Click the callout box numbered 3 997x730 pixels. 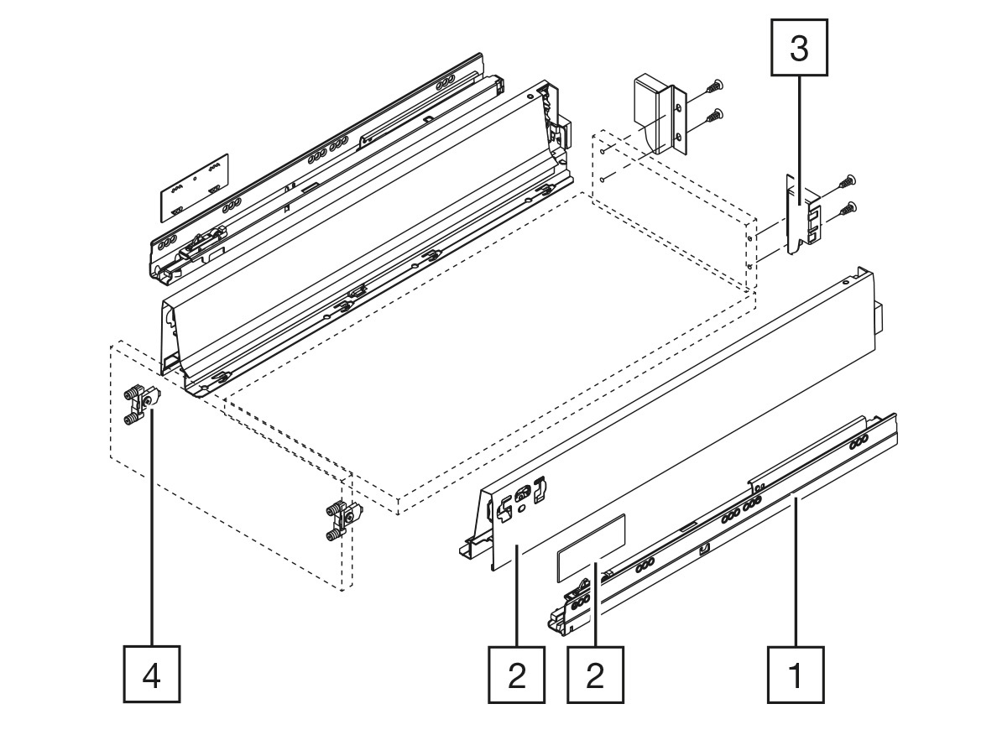coord(799,48)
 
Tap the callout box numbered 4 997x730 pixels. coord(151,675)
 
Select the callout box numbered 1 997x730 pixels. coord(796,675)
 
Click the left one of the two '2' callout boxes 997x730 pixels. coord(516,675)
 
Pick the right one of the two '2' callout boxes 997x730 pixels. coord(595,675)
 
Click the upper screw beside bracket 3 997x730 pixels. coord(847,182)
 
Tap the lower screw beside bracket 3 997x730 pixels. coord(847,209)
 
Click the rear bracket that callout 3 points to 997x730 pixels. coord(802,214)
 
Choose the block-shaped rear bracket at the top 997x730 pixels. coord(660,114)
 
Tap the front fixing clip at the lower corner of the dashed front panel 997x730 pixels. coord(344,520)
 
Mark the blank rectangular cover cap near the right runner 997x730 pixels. coord(592,547)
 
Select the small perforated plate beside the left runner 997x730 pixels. coord(194,187)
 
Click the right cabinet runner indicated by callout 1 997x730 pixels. coord(721,524)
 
